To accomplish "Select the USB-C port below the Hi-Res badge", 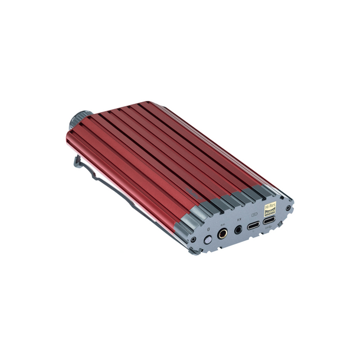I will click(x=270, y=222).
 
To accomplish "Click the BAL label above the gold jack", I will click(x=222, y=225).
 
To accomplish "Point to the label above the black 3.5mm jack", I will click(x=238, y=221).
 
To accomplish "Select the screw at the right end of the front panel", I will click(x=289, y=208).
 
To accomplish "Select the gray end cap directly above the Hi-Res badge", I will click(x=258, y=192).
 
